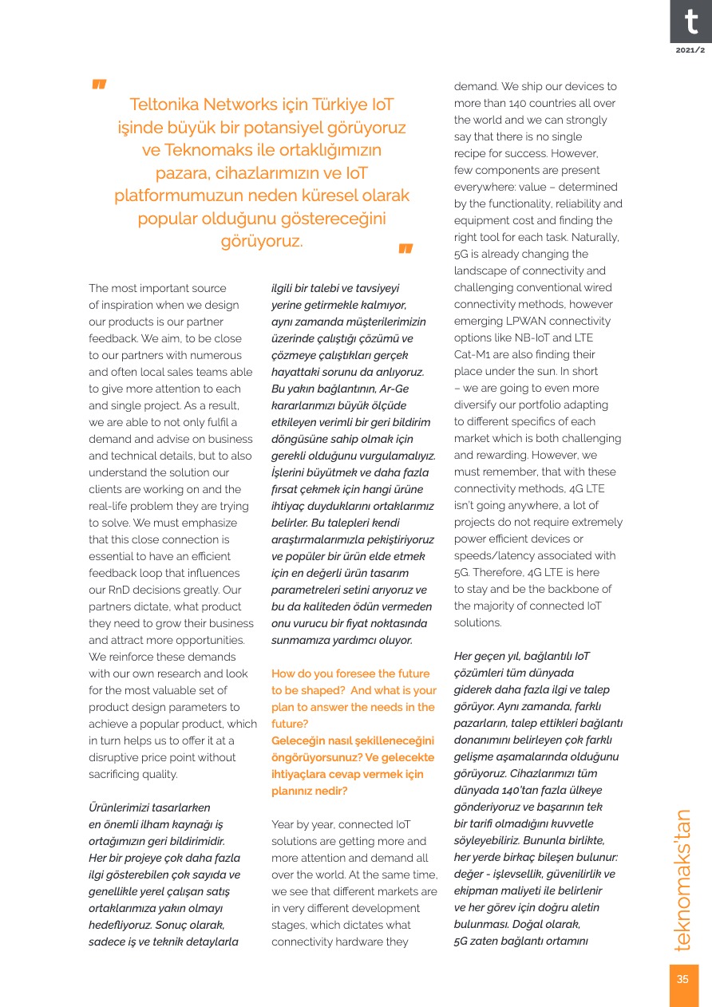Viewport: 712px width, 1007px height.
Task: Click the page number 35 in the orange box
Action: (x=682, y=980)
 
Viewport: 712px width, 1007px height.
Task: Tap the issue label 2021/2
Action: (x=690, y=50)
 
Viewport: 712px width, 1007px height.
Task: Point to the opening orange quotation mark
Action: (x=99, y=85)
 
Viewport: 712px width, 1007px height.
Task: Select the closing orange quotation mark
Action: (x=405, y=249)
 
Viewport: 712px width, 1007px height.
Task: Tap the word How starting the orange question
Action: (x=284, y=673)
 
